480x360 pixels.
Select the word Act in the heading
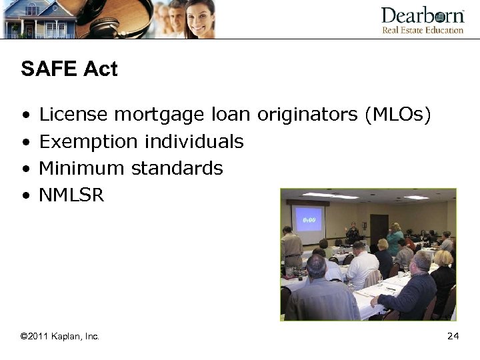[101, 69]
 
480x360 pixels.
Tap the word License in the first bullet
[73, 115]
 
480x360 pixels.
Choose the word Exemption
[88, 142]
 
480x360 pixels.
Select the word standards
[177, 168]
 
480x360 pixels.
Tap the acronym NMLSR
[71, 195]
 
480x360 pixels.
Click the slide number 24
[453, 337]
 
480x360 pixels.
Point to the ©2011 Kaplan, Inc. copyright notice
[60, 337]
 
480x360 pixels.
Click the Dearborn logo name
[422, 16]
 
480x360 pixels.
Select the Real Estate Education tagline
[422, 30]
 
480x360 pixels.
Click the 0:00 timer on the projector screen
[309, 219]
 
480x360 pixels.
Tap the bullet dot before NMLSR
[25, 196]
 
